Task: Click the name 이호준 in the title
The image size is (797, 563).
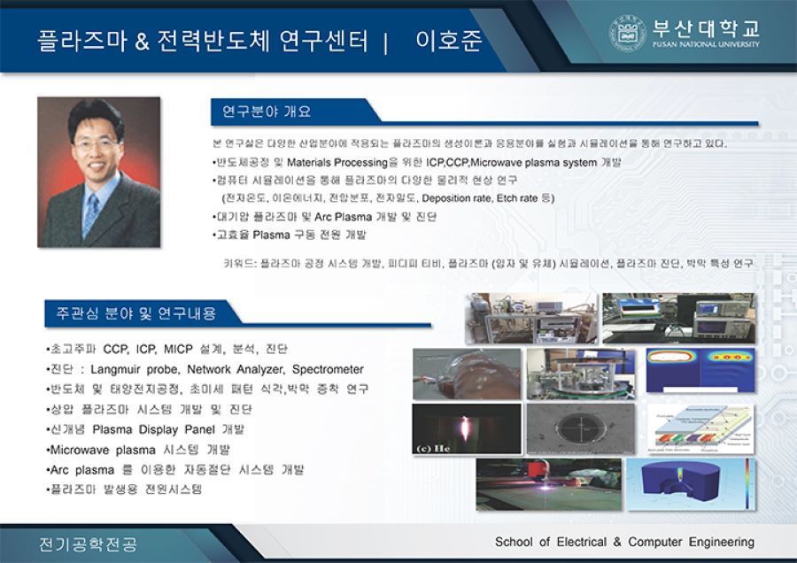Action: pyautogui.click(x=448, y=41)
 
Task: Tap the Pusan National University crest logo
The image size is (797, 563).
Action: pyautogui.click(x=626, y=34)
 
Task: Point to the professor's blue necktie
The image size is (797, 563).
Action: pyautogui.click(x=90, y=212)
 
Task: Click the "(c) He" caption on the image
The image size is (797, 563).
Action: pyautogui.click(x=434, y=448)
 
